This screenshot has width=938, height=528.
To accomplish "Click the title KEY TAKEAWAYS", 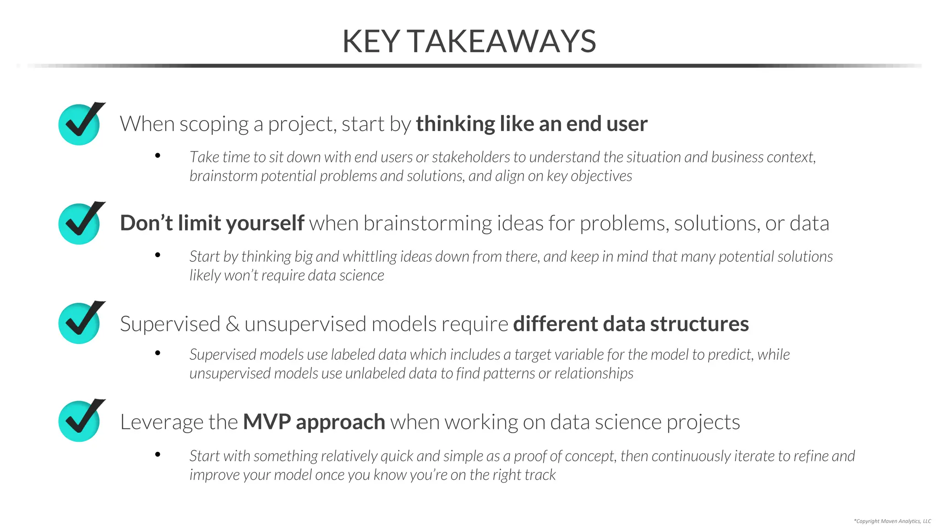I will (469, 42).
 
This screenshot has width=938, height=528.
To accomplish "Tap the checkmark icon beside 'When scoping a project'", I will (80, 124).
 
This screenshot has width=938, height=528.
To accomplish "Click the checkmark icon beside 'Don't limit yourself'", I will (80, 223).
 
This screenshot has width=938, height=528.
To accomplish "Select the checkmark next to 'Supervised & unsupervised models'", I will (80, 323).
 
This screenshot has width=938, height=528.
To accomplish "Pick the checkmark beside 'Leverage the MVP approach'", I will (80, 421).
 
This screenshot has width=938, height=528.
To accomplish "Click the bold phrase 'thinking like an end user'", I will (531, 124).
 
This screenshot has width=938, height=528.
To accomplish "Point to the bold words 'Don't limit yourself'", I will (212, 223).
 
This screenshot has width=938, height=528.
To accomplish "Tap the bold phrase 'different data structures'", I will (631, 324).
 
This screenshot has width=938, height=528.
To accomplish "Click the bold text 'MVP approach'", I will (314, 422).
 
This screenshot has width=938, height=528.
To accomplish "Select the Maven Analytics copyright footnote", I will (892, 521).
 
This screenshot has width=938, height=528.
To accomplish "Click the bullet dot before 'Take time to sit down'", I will (158, 156).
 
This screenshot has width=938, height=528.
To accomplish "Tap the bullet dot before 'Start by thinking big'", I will (158, 255).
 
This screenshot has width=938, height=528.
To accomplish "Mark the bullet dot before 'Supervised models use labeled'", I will (158, 353).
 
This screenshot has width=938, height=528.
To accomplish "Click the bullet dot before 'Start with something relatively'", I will (158, 454).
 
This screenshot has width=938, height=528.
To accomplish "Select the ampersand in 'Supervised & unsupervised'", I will (232, 324).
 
